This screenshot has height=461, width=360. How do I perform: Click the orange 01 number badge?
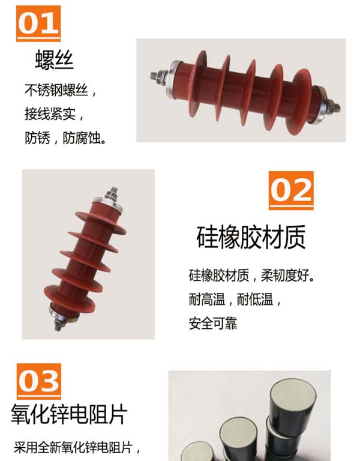[38, 23]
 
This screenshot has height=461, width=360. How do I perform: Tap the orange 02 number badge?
[291, 190]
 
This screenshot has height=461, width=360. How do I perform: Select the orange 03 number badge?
[39, 381]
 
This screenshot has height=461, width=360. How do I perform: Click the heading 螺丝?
[55, 59]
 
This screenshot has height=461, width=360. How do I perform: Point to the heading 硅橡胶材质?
[251, 238]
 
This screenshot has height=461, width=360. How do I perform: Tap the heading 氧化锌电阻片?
[70, 415]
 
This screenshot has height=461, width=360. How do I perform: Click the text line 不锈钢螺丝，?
[61, 90]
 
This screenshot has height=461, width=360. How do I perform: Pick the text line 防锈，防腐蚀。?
[65, 137]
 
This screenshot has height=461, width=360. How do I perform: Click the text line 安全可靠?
[213, 324]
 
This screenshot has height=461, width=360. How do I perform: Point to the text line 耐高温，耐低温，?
[235, 300]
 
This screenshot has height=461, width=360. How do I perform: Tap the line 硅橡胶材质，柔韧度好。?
[251, 276]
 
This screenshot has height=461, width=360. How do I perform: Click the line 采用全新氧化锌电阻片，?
[77, 447]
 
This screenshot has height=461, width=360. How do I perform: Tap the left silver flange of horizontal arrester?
[171, 79]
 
